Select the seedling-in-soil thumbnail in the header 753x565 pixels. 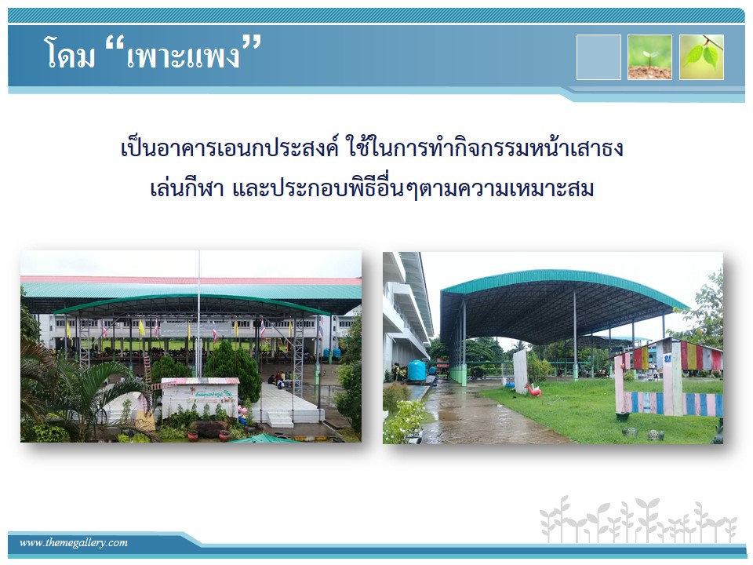coord(649,57)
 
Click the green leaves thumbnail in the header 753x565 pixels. coord(701,57)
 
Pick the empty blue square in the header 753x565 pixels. coord(598,57)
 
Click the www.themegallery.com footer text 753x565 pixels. coord(74,542)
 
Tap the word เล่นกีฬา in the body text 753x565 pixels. coord(187,189)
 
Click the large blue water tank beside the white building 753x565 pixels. coord(417,371)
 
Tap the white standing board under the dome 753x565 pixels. coord(520,371)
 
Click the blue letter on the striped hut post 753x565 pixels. coord(667,359)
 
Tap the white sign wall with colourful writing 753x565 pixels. coord(200,397)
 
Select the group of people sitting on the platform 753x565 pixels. coord(281,380)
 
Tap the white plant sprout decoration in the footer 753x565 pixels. coord(638,520)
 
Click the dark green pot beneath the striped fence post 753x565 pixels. coord(622,416)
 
